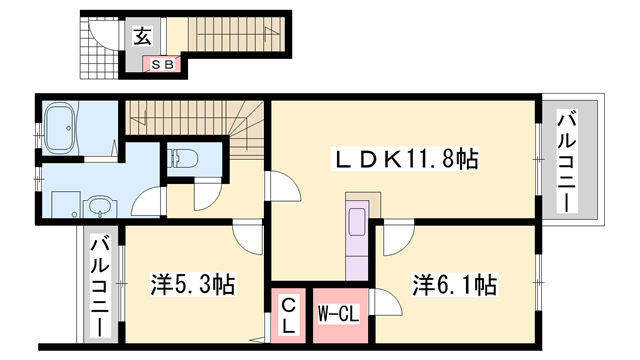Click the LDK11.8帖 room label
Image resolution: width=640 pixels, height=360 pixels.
pos(404,158)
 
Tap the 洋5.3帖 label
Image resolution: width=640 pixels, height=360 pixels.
pos(193,285)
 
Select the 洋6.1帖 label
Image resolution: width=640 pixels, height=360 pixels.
pos(455,285)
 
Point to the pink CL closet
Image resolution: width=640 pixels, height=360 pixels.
pos(287,314)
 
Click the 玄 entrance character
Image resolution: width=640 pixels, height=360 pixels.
pos(143,37)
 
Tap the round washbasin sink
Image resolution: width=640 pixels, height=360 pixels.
pos(98,207)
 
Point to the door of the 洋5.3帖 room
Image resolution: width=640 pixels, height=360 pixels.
pos(246,237)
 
